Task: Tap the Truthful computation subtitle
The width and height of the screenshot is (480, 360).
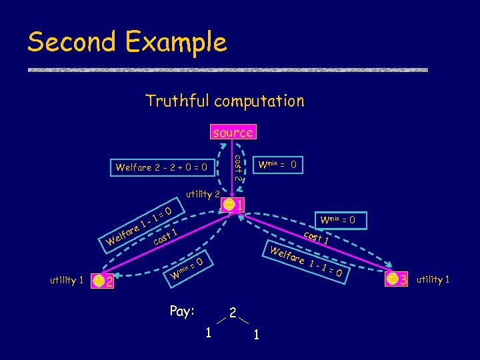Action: click(x=225, y=101)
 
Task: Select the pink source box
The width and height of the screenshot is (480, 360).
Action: click(x=232, y=132)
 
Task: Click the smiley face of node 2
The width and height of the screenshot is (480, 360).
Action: click(x=98, y=281)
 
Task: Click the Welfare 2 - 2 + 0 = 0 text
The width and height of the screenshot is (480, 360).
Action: click(x=161, y=167)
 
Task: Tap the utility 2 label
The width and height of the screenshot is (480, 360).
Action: click(x=203, y=194)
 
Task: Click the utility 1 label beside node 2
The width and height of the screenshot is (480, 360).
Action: click(x=67, y=281)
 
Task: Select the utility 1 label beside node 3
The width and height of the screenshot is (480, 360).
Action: click(x=433, y=279)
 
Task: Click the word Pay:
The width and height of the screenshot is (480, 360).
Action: click(x=182, y=311)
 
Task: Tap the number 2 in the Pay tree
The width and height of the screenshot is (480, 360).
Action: click(x=232, y=312)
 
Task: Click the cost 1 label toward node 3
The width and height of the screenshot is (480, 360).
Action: click(x=315, y=237)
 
